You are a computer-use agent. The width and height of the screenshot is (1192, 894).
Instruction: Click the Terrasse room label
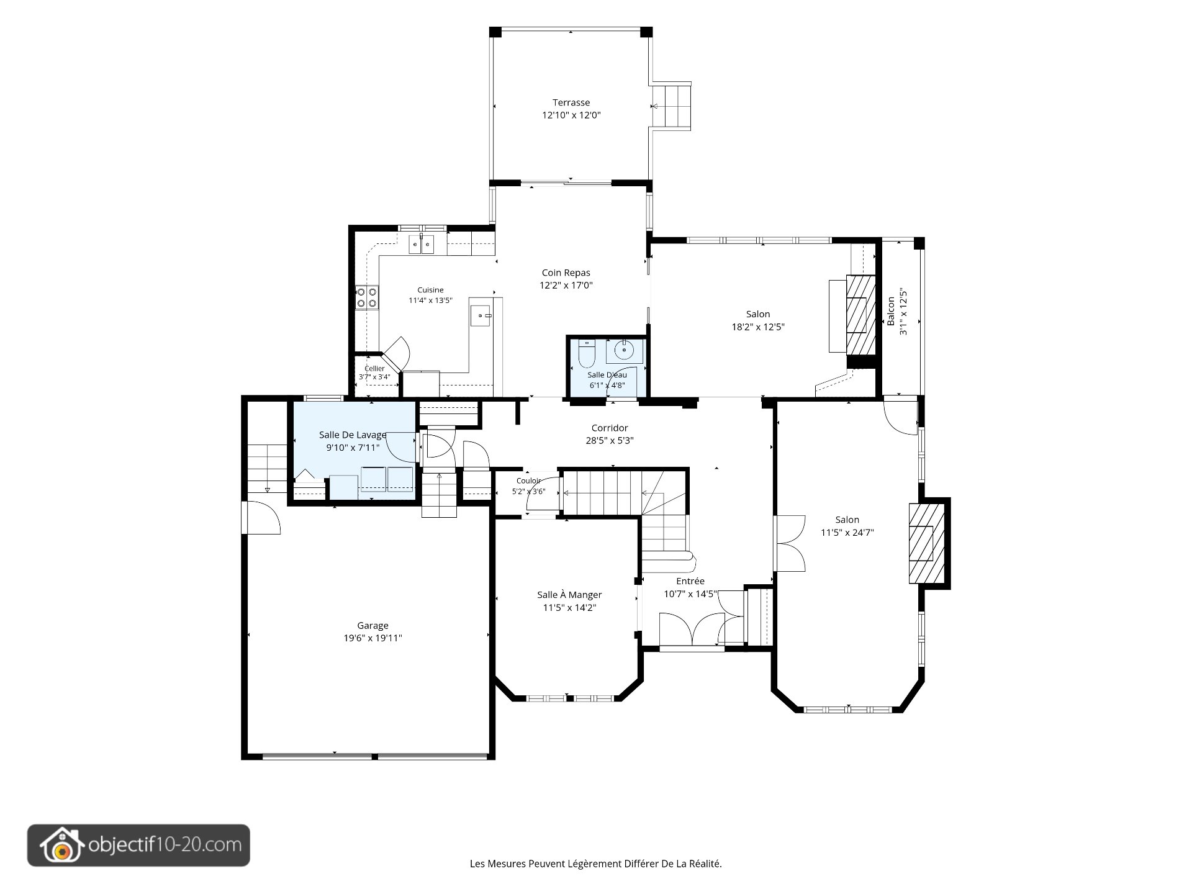(571, 102)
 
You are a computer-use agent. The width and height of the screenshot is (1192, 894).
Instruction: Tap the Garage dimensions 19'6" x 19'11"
(372, 638)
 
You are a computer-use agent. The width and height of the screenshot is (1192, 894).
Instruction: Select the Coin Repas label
(566, 273)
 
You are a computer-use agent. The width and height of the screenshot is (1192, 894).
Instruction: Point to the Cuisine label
(430, 290)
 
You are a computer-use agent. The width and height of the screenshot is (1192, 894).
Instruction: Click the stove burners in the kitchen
(366, 297)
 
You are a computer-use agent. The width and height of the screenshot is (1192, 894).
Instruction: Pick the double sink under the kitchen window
(422, 245)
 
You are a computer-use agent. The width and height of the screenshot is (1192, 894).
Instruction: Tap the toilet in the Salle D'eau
(586, 353)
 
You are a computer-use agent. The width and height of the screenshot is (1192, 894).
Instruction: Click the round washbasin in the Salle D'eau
(623, 351)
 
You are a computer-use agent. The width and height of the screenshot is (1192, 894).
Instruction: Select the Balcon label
(891, 311)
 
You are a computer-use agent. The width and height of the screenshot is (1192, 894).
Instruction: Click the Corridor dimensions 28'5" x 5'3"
(610, 441)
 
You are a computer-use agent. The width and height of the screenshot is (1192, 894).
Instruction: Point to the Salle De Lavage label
(353, 435)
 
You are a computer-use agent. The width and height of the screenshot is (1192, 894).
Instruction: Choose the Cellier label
(374, 369)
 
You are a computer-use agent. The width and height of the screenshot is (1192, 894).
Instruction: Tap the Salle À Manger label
(569, 595)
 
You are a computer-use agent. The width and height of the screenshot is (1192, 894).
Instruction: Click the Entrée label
(690, 581)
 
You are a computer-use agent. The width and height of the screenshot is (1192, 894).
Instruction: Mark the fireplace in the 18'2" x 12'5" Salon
(860, 314)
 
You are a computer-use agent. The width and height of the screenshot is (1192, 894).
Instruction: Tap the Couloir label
(528, 481)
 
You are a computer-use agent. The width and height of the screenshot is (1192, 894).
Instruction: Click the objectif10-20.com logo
(138, 845)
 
